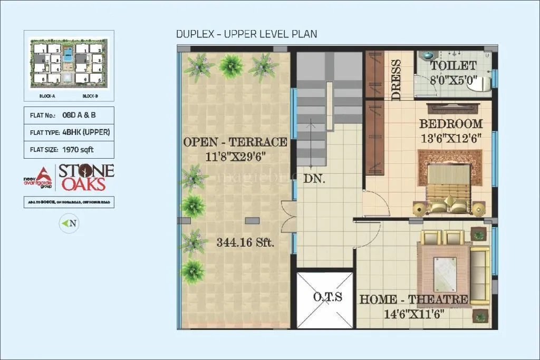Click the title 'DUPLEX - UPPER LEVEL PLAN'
tap(246, 35)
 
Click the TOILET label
tap(453, 66)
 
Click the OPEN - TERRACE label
tap(235, 142)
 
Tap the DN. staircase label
tap(314, 179)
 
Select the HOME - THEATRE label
tap(413, 300)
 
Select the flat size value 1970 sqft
tap(78, 150)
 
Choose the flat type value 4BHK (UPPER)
tap(86, 132)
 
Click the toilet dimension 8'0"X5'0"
tap(453, 81)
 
